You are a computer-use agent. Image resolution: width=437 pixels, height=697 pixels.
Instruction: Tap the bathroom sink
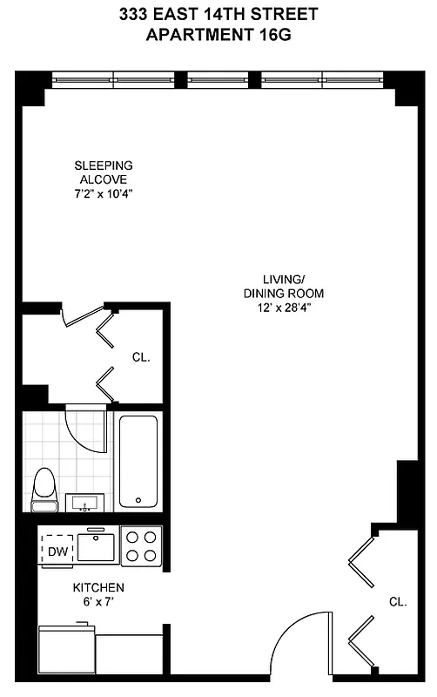coord(85,503)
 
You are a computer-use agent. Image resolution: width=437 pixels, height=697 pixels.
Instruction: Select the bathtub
coord(138,461)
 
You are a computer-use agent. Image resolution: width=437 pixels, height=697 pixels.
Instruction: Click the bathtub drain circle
coord(138,501)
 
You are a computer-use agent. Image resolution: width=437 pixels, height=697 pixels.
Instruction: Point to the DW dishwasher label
coord(57,551)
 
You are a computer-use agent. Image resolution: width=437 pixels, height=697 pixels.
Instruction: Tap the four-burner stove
coord(142,546)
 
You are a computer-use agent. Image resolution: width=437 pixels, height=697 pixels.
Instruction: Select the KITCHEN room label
coord(97,587)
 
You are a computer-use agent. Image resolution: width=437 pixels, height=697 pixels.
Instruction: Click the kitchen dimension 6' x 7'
coord(97,601)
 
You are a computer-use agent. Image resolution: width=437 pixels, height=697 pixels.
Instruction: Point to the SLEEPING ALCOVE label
coord(103,173)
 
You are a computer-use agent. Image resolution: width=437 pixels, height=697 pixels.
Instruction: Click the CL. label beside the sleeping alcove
coord(141,356)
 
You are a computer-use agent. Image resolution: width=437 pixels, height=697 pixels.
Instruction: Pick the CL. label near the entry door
coord(398,601)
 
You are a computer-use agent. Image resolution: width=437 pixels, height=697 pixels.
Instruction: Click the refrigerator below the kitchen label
coord(65,649)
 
